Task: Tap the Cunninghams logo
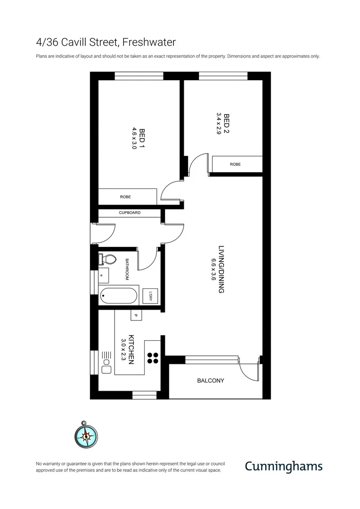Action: [283, 466]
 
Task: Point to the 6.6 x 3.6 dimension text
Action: [213, 270]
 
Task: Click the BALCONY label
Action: [210, 381]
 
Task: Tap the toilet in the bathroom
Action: [108, 259]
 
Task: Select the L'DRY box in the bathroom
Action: [150, 296]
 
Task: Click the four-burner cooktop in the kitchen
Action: [153, 358]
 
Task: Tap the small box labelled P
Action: [136, 316]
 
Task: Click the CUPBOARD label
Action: [130, 213]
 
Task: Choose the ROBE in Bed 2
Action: [236, 164]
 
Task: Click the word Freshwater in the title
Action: [149, 42]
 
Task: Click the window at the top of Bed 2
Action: [223, 75]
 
